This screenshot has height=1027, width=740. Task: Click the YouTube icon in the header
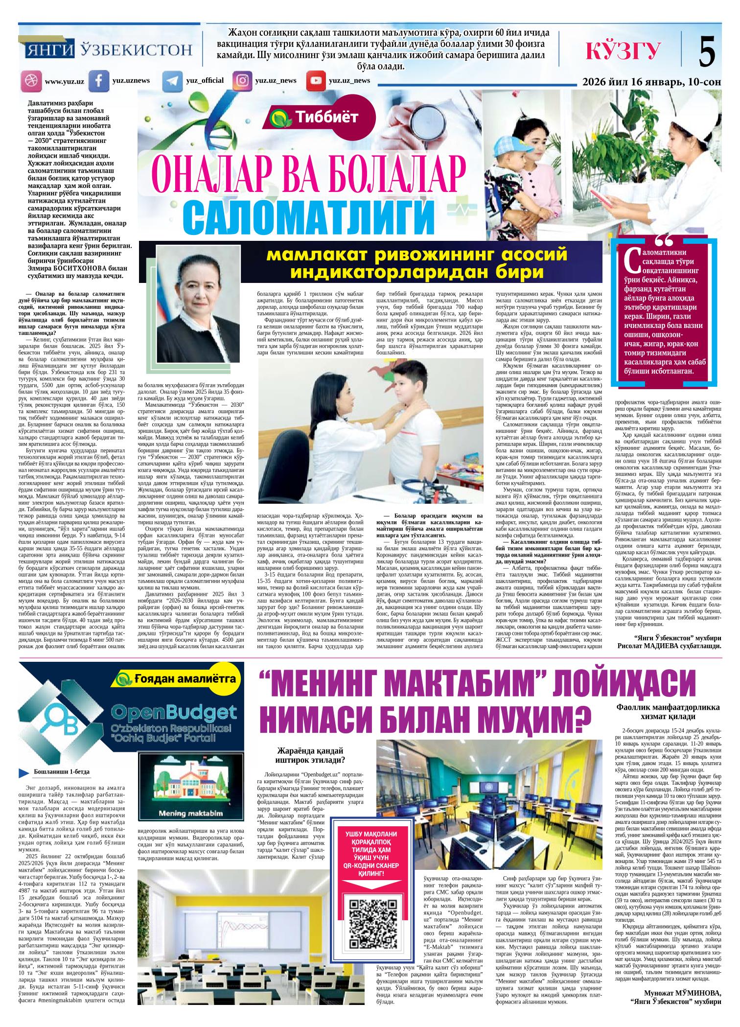click(x=316, y=81)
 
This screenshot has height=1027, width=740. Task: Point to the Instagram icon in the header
click(x=242, y=81)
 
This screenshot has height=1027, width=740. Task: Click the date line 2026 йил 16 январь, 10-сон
click(x=651, y=82)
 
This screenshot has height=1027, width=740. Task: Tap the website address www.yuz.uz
click(x=64, y=82)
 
